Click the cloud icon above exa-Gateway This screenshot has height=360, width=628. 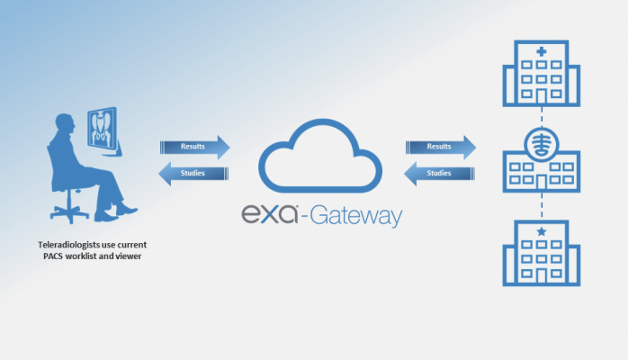coord(319,158)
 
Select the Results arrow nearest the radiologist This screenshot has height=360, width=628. coord(194,147)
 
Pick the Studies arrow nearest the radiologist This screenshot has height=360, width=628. coord(193,173)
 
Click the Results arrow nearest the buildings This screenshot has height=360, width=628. coord(440,147)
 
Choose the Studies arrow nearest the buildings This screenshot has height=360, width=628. coord(438,173)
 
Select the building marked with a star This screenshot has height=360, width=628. coord(541,253)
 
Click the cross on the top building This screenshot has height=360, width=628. coord(541,52)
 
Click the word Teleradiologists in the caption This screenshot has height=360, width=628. coord(60,245)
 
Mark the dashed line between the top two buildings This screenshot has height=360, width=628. coord(541,116)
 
